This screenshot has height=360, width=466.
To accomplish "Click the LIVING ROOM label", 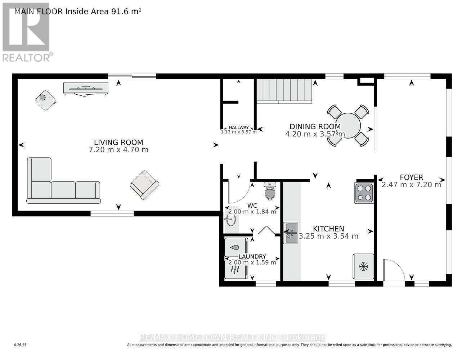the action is point(118,142).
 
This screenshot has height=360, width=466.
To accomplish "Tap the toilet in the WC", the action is point(270,191).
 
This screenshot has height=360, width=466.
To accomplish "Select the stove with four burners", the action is point(364,193).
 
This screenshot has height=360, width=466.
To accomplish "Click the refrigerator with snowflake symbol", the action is point(363,267).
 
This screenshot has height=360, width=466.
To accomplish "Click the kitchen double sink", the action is point(290,233).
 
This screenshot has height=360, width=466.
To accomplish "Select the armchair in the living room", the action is point(144,185).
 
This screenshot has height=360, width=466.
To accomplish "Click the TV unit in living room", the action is point(85,89).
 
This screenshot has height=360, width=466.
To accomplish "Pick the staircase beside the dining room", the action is point(284,91).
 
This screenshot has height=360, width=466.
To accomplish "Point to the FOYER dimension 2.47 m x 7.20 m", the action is point(411,185).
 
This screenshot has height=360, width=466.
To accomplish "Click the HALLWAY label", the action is point(239,127).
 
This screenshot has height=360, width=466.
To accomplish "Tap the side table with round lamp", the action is point(45,100).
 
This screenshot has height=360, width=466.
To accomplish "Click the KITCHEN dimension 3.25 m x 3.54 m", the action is point(328,236).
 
